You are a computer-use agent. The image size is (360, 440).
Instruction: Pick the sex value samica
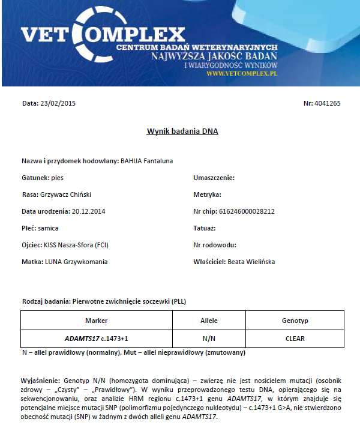(47, 228)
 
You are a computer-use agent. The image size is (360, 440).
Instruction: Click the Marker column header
(96, 321)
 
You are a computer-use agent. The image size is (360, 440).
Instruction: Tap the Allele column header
(209, 321)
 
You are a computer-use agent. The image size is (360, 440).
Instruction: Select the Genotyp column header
(295, 321)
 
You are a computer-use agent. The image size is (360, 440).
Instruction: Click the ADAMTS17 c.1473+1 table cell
(96, 339)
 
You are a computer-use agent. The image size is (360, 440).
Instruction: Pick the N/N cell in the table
(209, 339)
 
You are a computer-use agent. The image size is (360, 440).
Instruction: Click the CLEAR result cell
(295, 339)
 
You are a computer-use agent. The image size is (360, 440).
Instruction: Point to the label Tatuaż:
(204, 228)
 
